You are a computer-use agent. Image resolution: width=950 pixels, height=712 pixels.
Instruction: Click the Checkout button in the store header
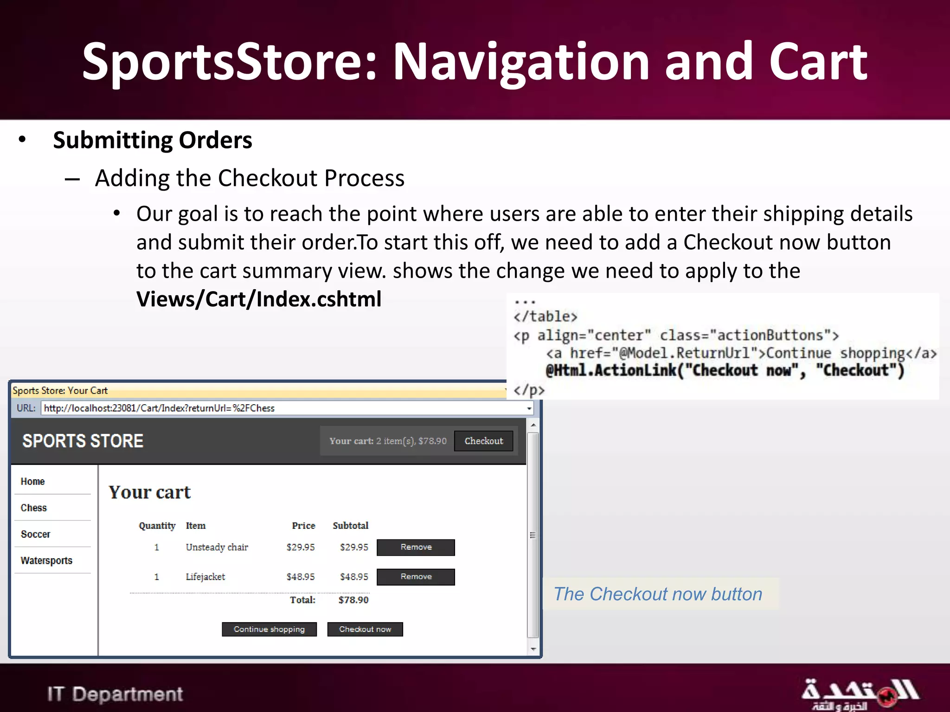click(483, 441)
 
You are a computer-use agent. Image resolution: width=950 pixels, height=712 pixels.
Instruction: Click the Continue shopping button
click(269, 629)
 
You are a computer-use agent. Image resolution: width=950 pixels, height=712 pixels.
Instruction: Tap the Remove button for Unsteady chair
click(416, 547)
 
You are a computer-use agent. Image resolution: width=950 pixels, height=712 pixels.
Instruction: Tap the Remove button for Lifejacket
click(416, 577)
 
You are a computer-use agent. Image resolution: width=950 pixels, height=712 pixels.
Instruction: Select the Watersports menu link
click(46, 560)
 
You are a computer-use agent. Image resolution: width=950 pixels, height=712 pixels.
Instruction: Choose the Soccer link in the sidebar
click(35, 534)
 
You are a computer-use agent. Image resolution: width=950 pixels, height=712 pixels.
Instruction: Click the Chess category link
click(33, 508)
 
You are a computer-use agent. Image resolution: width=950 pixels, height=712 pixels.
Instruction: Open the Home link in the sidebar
click(32, 481)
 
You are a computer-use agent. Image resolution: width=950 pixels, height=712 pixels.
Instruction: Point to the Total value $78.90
click(353, 600)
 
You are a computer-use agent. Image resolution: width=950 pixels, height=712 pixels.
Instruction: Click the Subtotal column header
click(350, 526)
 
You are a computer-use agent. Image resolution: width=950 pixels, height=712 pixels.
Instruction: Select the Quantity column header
click(157, 526)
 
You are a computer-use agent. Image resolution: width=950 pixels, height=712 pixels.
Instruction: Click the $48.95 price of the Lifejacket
click(300, 577)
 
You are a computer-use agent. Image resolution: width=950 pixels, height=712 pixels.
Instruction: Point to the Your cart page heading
click(149, 492)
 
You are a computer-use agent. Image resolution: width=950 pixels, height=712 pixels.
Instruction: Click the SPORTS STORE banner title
click(83, 441)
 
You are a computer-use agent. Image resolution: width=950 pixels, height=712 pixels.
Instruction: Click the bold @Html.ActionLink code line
click(725, 370)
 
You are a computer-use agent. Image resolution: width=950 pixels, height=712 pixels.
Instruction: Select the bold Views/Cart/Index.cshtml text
click(258, 299)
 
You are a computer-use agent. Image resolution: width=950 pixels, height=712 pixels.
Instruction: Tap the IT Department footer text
click(115, 694)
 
